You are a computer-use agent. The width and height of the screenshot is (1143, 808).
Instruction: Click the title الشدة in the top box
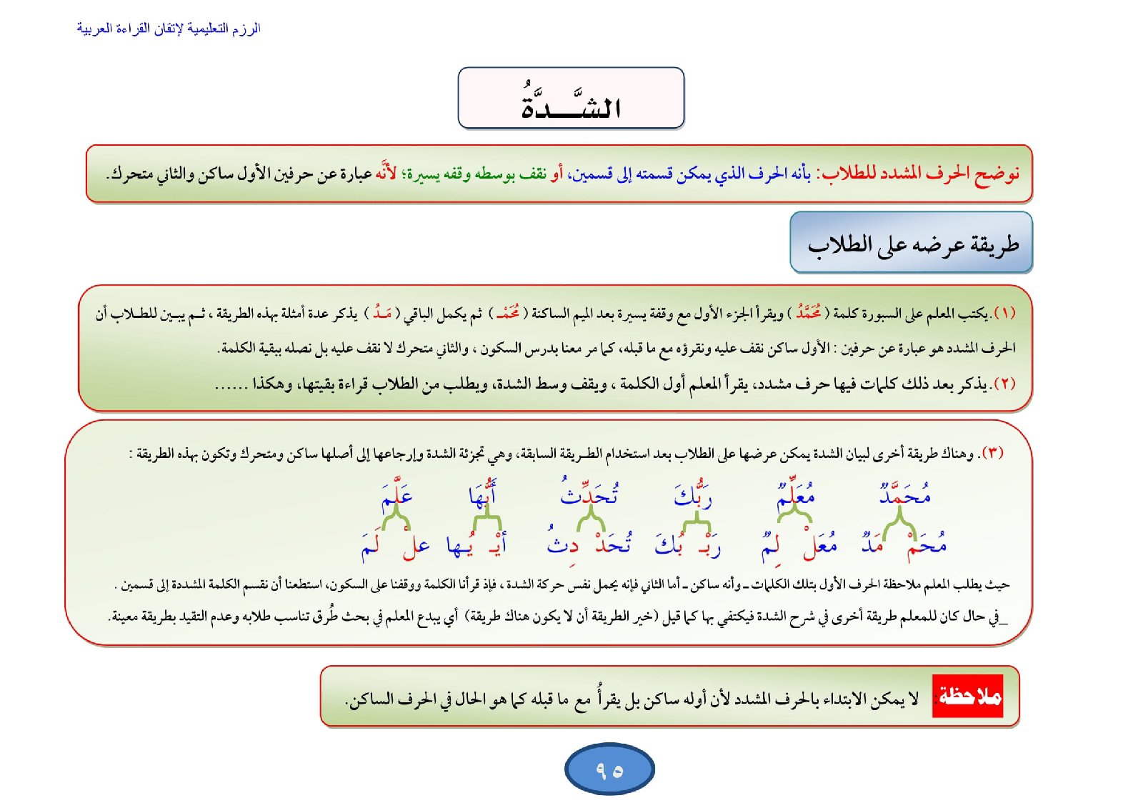tap(570, 102)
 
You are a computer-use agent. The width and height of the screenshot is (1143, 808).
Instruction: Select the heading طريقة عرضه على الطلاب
tap(912, 244)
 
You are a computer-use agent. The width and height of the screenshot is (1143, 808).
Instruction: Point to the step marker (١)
tap(1004, 313)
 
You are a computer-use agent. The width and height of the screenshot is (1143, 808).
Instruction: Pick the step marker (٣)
tap(992, 453)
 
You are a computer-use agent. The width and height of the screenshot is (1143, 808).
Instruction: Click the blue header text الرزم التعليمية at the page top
tap(169, 29)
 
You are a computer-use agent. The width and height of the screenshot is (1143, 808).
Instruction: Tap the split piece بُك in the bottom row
tap(669, 545)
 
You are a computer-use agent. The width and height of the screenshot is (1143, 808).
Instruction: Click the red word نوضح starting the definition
tap(997, 174)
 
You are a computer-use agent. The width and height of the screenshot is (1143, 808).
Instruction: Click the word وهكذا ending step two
tap(272, 384)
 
